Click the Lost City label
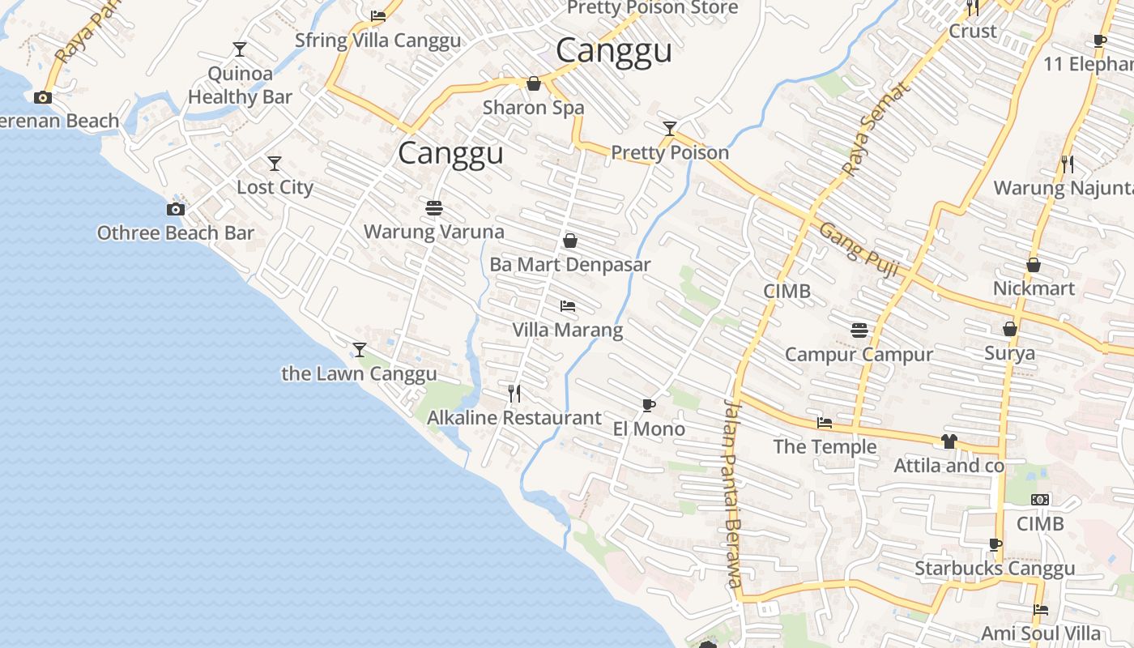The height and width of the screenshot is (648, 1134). click(275, 187)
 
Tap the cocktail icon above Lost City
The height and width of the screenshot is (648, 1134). click(275, 164)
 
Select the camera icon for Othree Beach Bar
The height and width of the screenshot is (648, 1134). click(175, 209)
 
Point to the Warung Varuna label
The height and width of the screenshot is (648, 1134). click(433, 232)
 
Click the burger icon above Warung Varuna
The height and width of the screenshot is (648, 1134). click(433, 208)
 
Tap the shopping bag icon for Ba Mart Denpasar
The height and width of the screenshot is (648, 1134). click(569, 241)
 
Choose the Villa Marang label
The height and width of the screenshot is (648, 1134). click(567, 330)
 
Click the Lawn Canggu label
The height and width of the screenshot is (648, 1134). click(359, 373)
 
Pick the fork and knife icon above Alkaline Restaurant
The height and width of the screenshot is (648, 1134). click(514, 394)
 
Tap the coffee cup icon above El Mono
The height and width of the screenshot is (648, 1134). click(648, 405)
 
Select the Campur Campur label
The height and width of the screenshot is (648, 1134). click(859, 354)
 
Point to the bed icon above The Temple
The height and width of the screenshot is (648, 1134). click(825, 423)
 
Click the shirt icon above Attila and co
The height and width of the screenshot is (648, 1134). click(949, 441)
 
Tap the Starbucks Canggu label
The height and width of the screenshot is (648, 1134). click(995, 568)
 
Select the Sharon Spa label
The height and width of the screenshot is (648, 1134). click(533, 108)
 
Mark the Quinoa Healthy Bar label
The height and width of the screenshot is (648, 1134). click(240, 86)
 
